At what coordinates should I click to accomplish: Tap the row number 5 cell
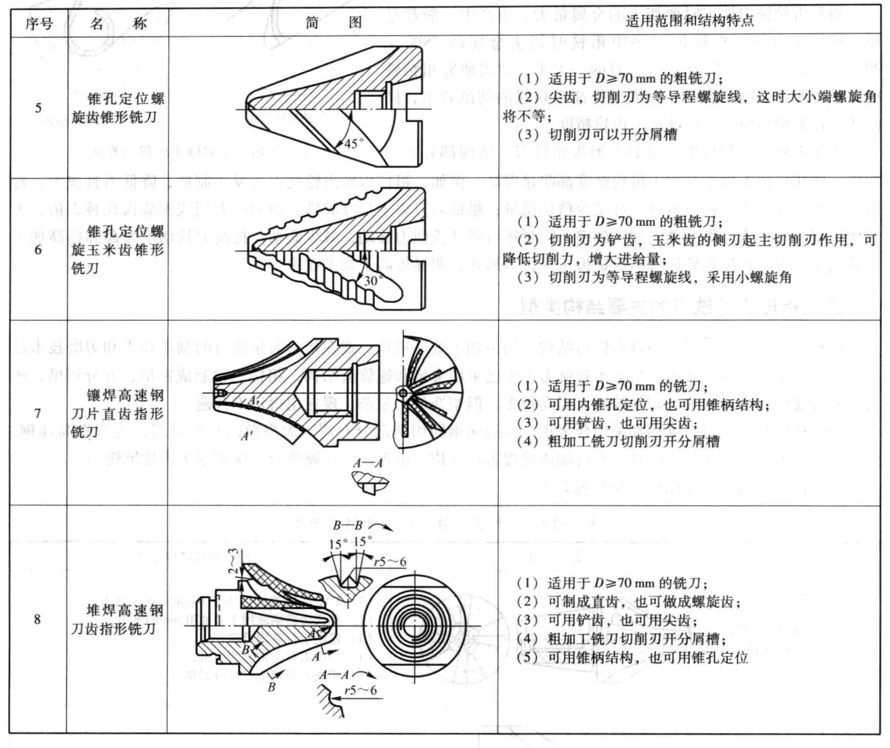(38, 108)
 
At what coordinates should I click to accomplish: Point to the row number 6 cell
(38, 250)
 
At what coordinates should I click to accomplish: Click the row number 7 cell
(38, 413)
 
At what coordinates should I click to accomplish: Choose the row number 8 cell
(37, 618)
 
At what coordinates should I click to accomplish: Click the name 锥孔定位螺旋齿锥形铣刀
(118, 108)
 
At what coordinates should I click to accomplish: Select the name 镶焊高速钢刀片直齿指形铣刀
(117, 413)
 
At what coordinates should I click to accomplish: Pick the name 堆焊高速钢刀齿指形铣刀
(117, 619)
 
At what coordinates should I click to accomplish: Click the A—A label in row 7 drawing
(367, 462)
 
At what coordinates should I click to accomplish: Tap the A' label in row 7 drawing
(249, 437)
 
